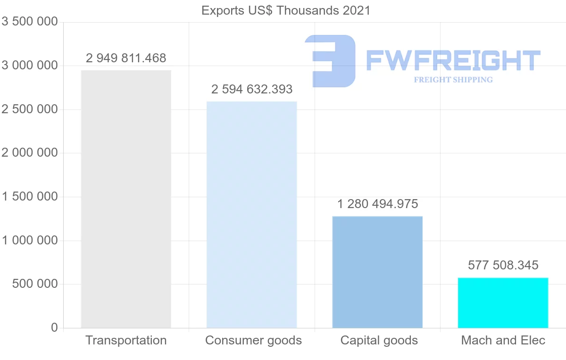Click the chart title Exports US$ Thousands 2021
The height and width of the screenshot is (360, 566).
[286, 10]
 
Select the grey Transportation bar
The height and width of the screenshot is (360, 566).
[126, 199]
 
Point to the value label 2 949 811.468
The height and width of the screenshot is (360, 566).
[126, 58]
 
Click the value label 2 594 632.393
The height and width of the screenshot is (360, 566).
[252, 89]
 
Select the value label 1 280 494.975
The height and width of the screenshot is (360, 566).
[377, 204]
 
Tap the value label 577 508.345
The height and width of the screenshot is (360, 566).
[503, 265]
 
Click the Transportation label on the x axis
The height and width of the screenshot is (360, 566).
[126, 340]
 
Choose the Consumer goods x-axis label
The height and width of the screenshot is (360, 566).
[253, 340]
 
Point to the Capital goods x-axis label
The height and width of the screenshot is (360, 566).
[379, 340]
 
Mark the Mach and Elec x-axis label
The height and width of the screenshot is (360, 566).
[503, 340]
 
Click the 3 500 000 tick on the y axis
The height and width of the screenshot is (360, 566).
[30, 22]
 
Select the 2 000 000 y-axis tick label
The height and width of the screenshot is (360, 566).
[30, 153]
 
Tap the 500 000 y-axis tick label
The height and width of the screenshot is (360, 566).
[35, 284]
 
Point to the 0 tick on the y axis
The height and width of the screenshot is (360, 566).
[54, 327]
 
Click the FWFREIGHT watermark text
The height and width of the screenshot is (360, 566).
[453, 60]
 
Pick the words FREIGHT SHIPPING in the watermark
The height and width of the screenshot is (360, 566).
[453, 80]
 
